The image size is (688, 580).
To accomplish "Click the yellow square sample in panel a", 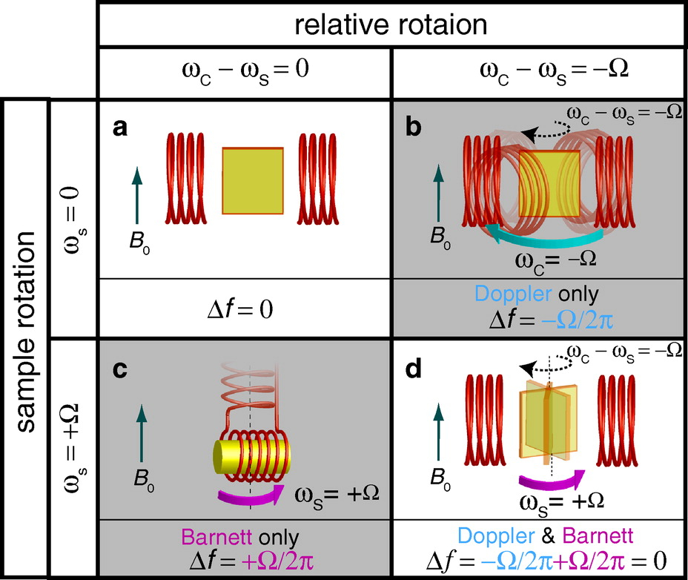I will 253,182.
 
